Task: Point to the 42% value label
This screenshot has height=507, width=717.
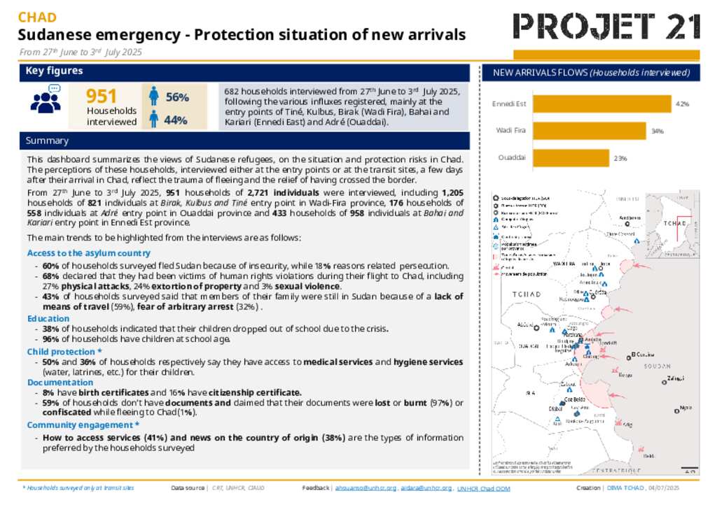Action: [682, 103]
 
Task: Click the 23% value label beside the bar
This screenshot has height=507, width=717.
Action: [620, 158]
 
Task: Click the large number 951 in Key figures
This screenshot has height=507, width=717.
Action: [102, 97]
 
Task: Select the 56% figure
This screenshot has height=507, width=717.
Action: [176, 98]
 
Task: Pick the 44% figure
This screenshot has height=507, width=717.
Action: [175, 120]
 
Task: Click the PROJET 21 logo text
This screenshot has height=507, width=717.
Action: [606, 27]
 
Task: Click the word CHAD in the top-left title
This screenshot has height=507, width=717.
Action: [37, 17]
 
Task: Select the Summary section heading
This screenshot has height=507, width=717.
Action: [47, 141]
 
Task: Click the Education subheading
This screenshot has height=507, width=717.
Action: [48, 318]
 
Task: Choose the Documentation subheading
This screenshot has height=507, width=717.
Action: [60, 383]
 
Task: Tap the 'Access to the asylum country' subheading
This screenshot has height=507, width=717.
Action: [88, 253]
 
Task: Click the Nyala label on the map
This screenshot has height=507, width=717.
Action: [685, 408]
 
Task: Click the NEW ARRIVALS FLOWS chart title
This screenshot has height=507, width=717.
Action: [591, 73]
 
